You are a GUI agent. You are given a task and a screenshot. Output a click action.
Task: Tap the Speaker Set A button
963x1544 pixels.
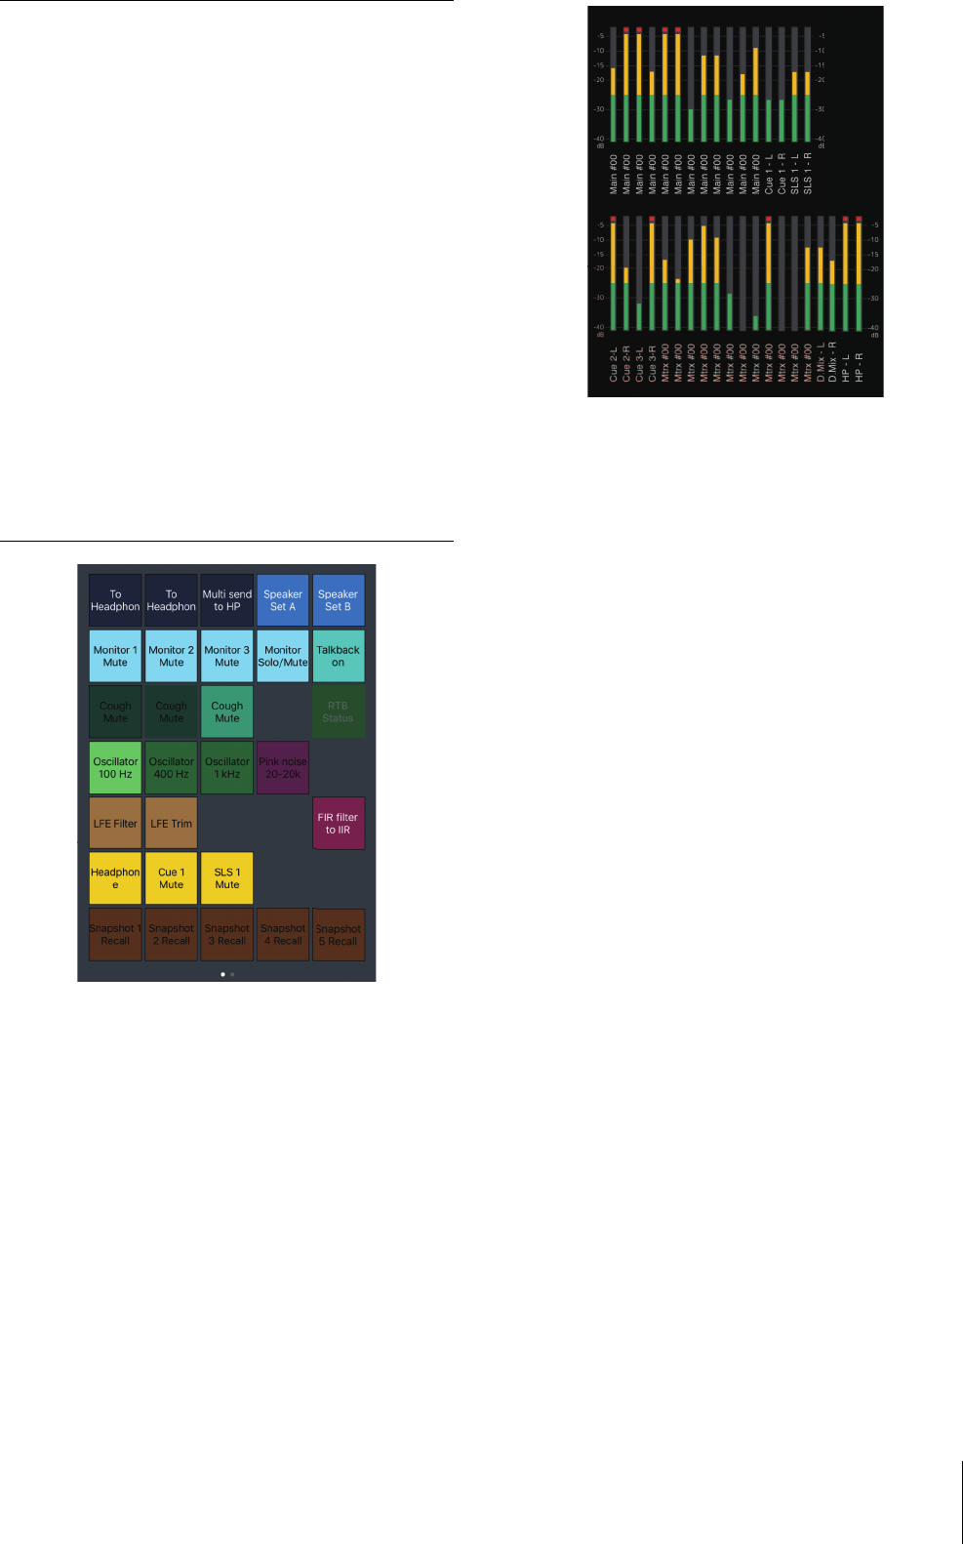pyautogui.click(x=283, y=600)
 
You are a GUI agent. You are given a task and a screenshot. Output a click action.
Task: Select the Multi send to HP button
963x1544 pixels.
pyautogui.click(x=227, y=600)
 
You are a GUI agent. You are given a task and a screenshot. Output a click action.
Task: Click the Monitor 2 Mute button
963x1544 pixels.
pyautogui.click(x=172, y=656)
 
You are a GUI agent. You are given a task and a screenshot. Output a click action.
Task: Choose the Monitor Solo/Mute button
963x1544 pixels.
pyautogui.click(x=283, y=656)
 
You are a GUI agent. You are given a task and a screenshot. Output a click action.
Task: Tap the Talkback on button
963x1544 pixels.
pyautogui.click(x=339, y=656)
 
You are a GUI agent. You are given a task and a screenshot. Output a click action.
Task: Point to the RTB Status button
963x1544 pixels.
pyautogui.click(x=339, y=711)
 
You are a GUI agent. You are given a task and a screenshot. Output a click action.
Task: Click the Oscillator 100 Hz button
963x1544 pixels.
pyautogui.click(x=115, y=768)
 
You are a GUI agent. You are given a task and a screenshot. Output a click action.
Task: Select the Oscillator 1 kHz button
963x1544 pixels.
pyautogui.click(x=227, y=768)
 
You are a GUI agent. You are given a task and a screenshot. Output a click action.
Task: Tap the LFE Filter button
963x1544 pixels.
pyautogui.click(x=115, y=823)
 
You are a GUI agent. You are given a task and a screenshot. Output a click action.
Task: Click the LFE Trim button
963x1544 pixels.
pyautogui.click(x=172, y=823)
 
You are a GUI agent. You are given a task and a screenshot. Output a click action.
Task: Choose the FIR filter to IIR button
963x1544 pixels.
pyautogui.click(x=339, y=824)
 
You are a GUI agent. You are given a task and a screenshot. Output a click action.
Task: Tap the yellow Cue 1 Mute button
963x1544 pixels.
pyautogui.click(x=172, y=878)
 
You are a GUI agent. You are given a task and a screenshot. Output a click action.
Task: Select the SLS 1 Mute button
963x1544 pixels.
pyautogui.click(x=227, y=878)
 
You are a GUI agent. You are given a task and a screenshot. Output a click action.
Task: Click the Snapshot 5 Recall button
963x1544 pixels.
pyautogui.click(x=339, y=935)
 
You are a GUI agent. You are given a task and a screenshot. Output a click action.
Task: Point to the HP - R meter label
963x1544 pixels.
pyautogui.click(x=859, y=366)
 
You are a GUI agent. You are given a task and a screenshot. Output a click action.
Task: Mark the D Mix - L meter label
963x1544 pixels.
pyautogui.click(x=821, y=361)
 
